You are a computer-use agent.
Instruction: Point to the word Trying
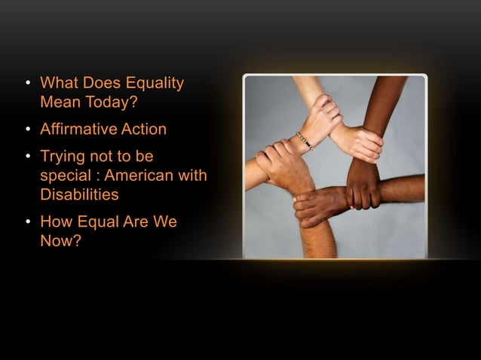(x=63, y=157)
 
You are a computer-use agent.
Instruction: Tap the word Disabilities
(x=79, y=194)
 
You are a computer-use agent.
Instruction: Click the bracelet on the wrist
(x=305, y=140)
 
